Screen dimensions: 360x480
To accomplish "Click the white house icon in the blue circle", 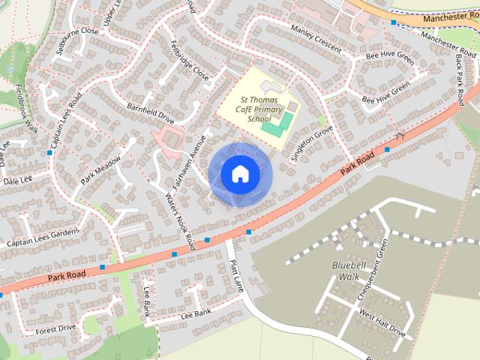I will point(240,174).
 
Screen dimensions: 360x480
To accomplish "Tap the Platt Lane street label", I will point(237,274).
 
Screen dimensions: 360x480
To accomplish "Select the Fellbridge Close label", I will point(190,60).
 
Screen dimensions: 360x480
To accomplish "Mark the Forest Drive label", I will point(56,328).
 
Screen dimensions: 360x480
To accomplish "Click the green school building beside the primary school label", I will point(274,128).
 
